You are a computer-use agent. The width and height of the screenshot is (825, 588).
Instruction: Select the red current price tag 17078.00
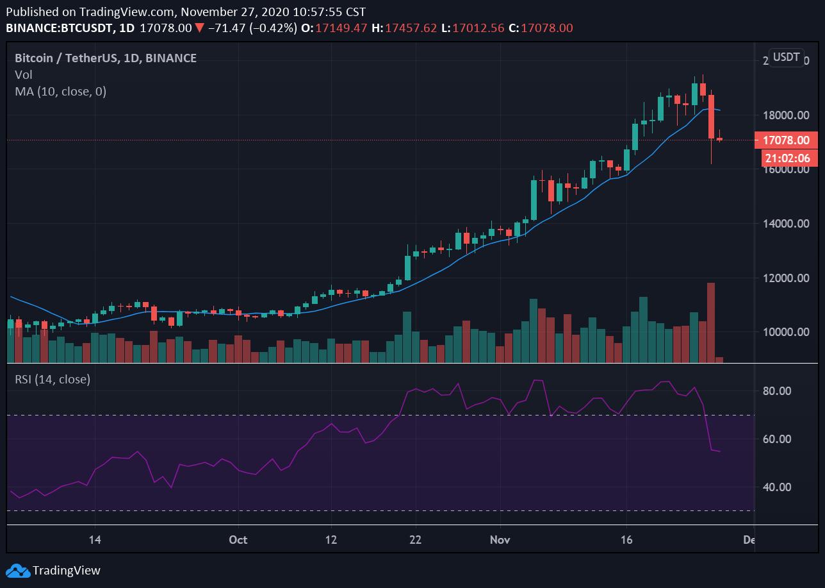785,140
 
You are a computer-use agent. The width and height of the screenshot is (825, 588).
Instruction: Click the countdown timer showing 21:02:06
785,158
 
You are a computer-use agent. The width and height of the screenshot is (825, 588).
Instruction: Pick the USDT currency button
786,57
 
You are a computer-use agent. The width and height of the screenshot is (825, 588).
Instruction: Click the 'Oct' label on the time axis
238,540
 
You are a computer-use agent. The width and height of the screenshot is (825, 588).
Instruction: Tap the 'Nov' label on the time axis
500,540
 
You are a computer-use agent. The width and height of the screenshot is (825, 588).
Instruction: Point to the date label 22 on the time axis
416,540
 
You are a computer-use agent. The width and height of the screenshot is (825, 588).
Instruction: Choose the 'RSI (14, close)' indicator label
53,379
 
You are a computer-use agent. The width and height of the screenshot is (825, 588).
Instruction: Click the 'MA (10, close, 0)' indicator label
61,92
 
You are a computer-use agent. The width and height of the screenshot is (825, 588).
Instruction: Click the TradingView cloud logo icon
17,570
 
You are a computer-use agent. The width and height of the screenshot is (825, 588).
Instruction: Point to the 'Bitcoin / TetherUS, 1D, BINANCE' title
106,58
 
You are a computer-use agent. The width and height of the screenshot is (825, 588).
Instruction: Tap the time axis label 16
626,540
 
